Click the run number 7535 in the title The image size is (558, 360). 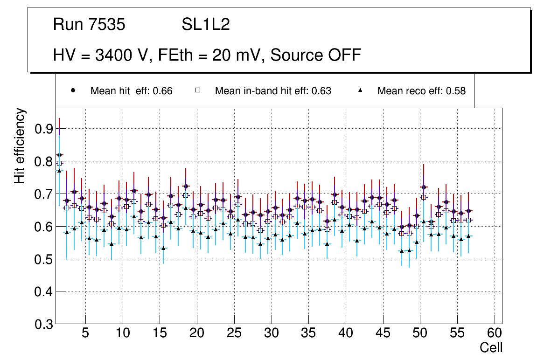point(107,24)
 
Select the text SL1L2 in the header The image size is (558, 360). point(206,24)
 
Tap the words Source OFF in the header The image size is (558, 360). point(316,55)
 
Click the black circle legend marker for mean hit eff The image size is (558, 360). point(73,91)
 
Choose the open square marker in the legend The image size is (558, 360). point(197,91)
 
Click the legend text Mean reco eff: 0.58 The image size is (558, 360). point(421,91)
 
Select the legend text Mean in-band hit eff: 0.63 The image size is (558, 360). point(273,91)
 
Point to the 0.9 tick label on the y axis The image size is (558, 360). point(44,129)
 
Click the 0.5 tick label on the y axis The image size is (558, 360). point(44,259)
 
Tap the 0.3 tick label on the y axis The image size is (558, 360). point(44,325)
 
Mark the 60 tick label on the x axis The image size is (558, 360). point(495,334)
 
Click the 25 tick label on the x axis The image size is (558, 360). point(234,334)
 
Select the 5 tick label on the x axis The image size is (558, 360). point(85,334)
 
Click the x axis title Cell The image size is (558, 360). point(491,347)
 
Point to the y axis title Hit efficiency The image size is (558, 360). point(20,145)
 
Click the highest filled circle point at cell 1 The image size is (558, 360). point(59,155)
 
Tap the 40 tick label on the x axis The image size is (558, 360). point(346,334)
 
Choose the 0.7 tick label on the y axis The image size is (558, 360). point(44,194)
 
